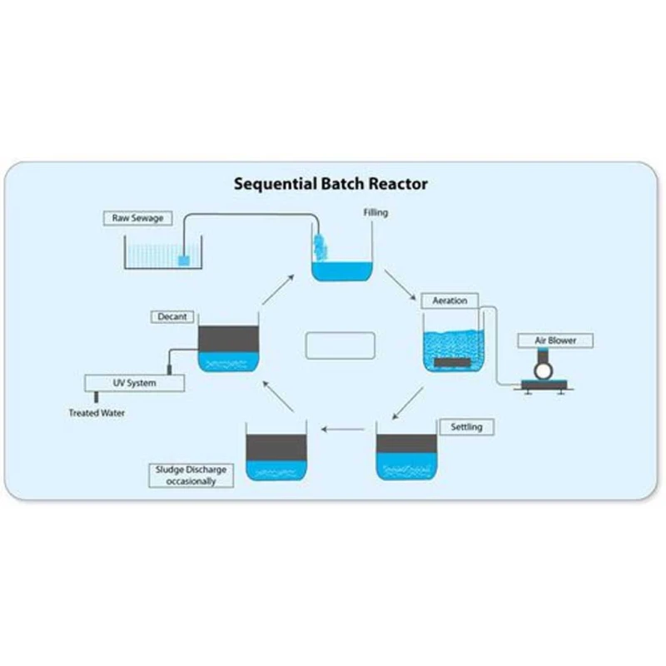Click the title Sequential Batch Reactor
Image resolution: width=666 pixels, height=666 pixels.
click(331, 183)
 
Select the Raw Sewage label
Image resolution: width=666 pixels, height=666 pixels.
click(138, 219)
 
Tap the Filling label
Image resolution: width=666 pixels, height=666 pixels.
click(375, 213)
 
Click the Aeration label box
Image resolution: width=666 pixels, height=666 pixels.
click(450, 301)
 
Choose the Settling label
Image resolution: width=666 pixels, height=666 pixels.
click(466, 427)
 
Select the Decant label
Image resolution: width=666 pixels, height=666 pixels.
click(172, 317)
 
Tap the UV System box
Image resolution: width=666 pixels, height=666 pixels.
click(135, 383)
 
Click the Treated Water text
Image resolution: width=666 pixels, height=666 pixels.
click(97, 413)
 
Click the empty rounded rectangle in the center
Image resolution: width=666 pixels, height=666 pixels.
click(340, 345)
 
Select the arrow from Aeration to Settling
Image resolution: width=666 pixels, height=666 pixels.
click(405, 404)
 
